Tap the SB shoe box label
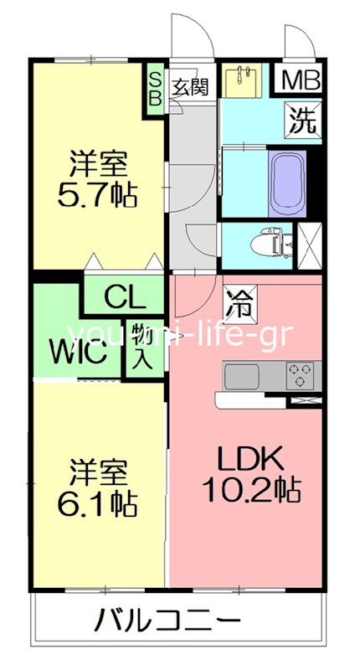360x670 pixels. pos(156,86)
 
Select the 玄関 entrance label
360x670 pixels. pos(191,85)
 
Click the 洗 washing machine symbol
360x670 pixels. pos(303,120)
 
